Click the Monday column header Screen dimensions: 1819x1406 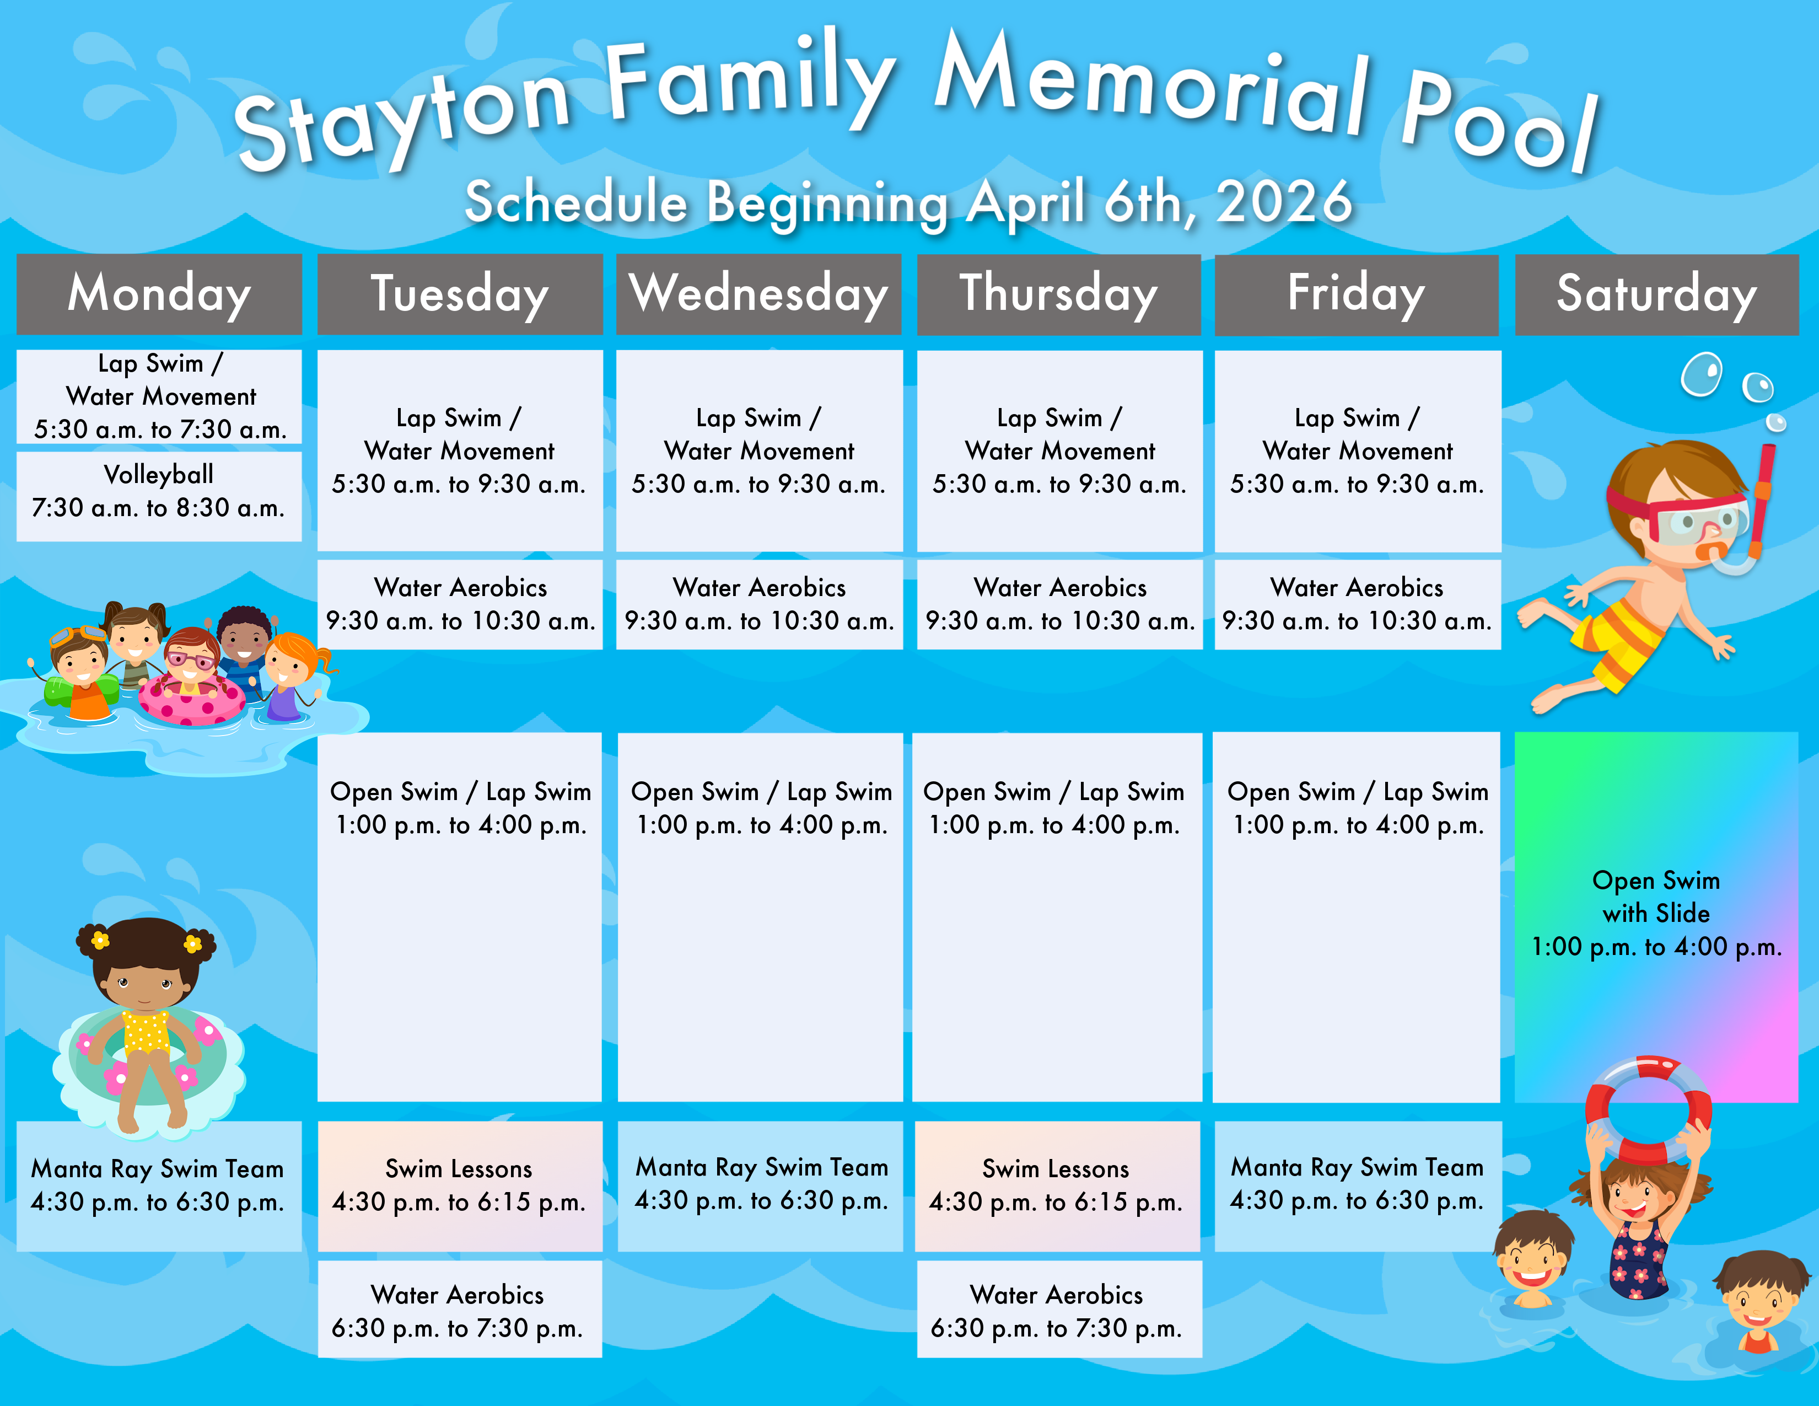pyautogui.click(x=159, y=294)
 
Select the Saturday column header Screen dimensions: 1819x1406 pyautogui.click(x=1656, y=294)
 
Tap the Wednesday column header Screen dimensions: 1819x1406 pyautogui.click(x=759, y=294)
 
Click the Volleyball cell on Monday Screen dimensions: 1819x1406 pyautogui.click(x=159, y=496)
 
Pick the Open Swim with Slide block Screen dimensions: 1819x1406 pyautogui.click(x=1656, y=916)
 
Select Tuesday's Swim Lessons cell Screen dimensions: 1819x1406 pyautogui.click(x=460, y=1186)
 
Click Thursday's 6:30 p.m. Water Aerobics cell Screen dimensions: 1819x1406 pyautogui.click(x=1059, y=1310)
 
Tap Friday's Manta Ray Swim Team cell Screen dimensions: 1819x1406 pyautogui.click(x=1358, y=1186)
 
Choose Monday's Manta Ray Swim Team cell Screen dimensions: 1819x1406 pyautogui.click(x=159, y=1186)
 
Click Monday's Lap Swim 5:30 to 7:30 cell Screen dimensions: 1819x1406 pyautogui.click(x=159, y=396)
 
